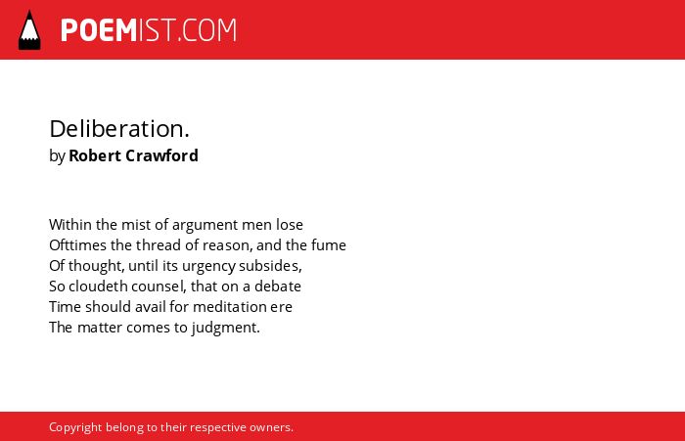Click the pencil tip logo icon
tap(29, 29)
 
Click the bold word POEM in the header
tap(99, 30)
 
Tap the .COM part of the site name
tap(206, 30)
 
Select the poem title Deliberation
tap(119, 129)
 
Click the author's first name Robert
tap(95, 155)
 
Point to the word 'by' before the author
tap(57, 156)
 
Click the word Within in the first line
tap(70, 225)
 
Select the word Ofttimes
tap(77, 245)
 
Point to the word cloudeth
tap(98, 286)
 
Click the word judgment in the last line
tap(225, 328)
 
